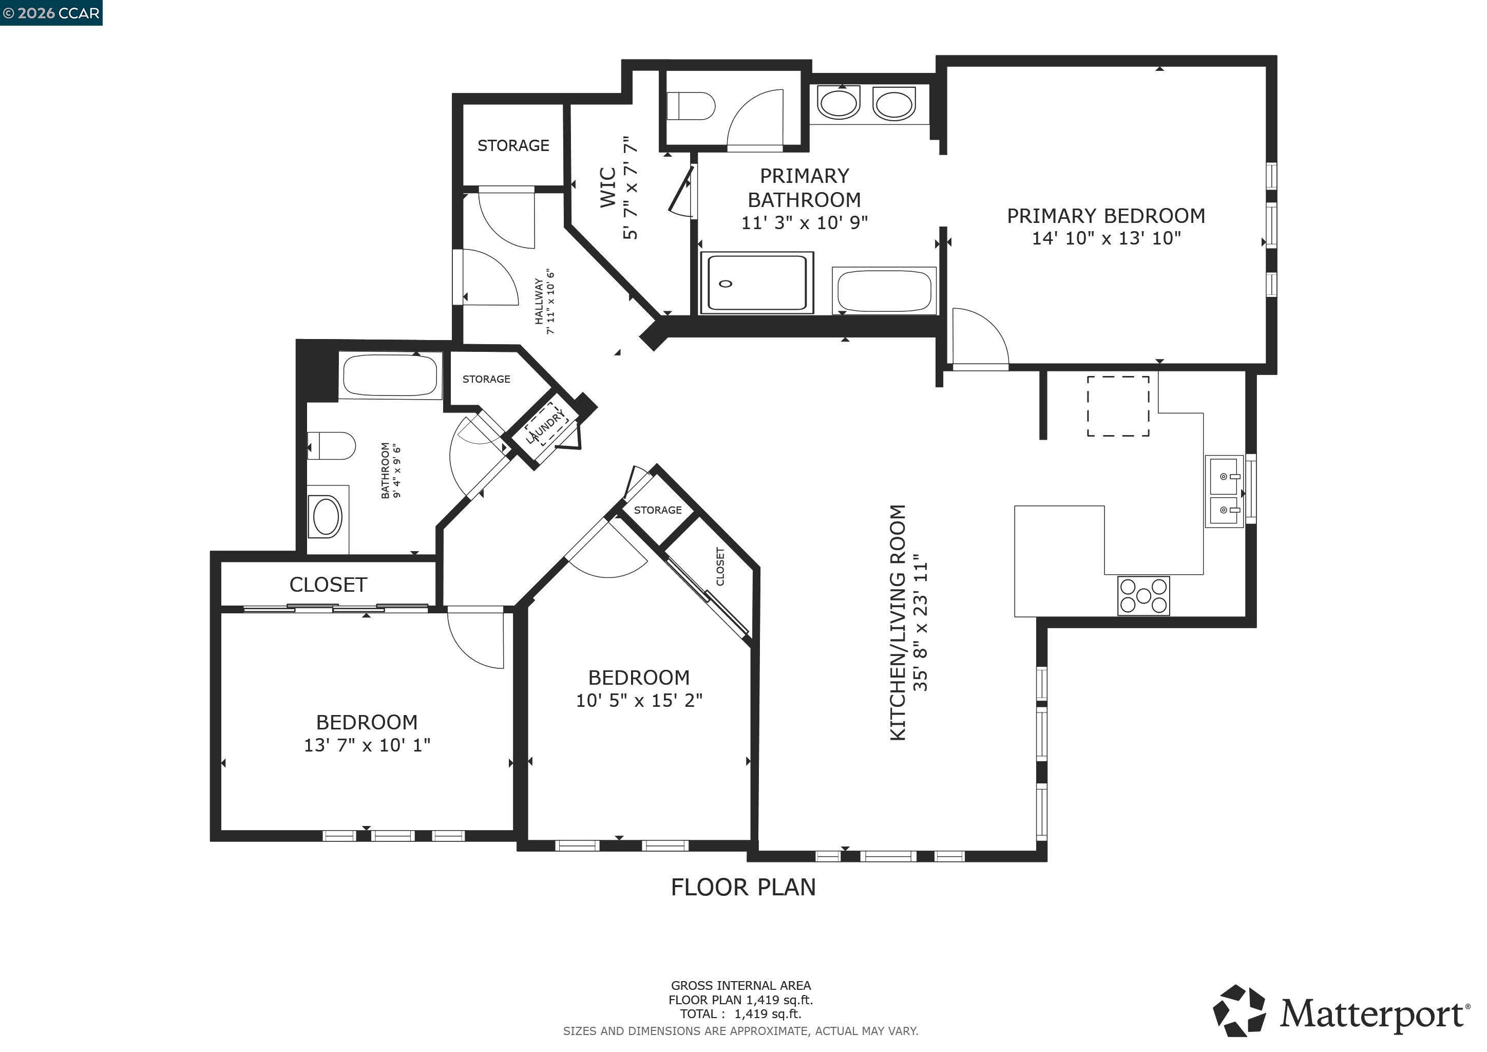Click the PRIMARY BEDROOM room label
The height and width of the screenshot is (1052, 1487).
coord(1105,216)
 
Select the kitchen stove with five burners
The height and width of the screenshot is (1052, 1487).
coord(1143,595)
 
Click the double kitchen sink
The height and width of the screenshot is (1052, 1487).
coord(1224,492)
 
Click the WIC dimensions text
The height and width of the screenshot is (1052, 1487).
coord(630,188)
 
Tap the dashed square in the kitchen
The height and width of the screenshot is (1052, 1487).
coord(1118,406)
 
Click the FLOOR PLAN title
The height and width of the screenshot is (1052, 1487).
coord(743,887)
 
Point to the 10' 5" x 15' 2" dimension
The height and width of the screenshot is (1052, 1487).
coord(639,700)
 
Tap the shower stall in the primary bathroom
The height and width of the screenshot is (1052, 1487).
coord(756,283)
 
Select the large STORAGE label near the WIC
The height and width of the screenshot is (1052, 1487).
coord(513,146)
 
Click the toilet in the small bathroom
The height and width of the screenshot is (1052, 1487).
coord(332,446)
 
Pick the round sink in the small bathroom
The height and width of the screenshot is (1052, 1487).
coord(327,517)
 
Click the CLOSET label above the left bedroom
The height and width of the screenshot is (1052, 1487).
coord(328,585)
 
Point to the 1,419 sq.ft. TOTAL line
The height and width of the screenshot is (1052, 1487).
coord(740,1014)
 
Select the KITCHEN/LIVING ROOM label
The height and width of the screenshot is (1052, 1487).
coord(898,623)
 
